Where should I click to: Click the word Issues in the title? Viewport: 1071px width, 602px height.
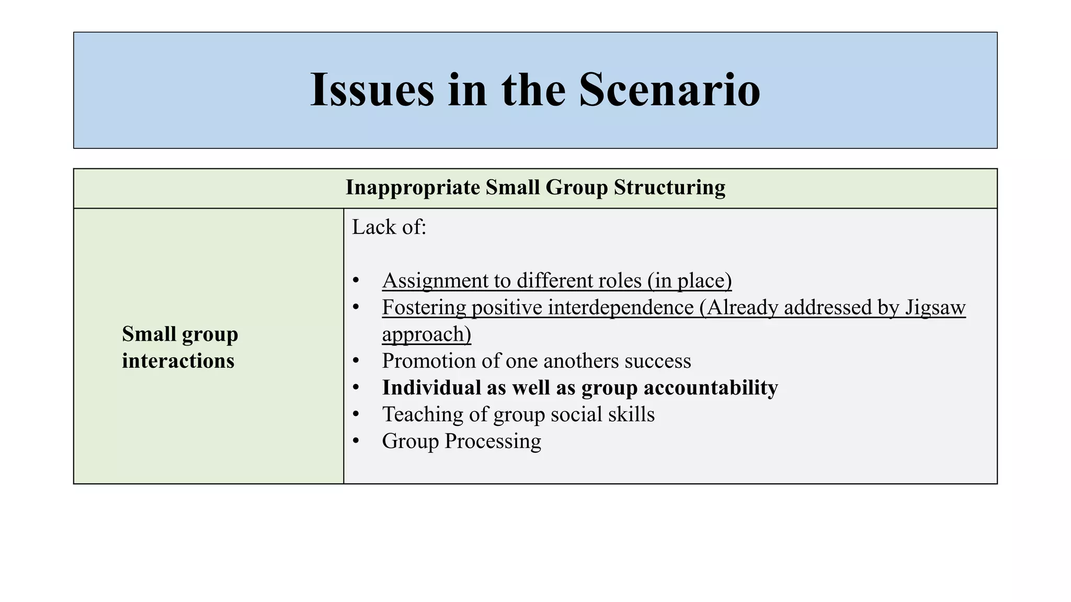372,90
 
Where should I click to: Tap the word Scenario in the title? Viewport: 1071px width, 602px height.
669,90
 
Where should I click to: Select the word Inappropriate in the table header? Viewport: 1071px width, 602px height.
413,188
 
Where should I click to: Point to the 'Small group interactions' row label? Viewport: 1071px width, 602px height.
180,347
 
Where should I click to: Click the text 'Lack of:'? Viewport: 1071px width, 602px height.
389,227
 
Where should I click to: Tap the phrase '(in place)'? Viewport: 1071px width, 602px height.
689,281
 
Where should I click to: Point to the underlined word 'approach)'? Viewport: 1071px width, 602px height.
426,334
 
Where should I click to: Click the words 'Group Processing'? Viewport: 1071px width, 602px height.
461,441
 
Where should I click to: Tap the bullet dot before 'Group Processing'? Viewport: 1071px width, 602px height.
356,441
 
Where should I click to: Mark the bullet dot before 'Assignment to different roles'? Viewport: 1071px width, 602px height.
356,281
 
